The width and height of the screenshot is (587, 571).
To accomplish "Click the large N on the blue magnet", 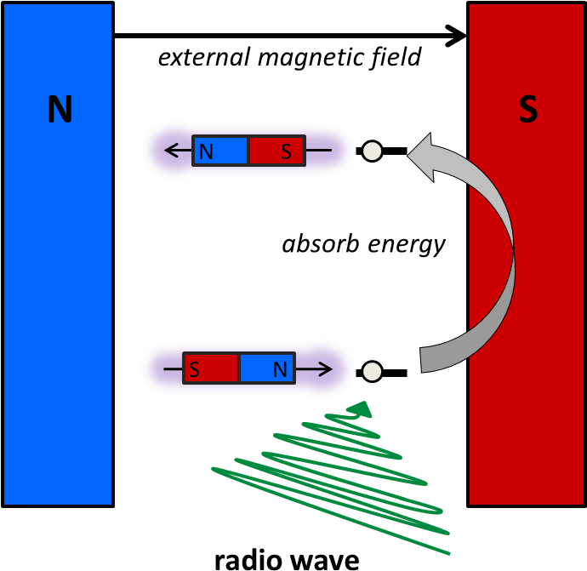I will coord(60,110).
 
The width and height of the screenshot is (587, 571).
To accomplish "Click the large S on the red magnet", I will coord(528,110).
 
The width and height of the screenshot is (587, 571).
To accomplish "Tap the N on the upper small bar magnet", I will coord(205,152).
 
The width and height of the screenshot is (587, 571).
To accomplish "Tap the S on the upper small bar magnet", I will coord(286,152).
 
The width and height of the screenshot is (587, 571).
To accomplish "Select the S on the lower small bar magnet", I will coord(195,370).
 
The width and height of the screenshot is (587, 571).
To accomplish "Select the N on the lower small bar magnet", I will coord(280,370).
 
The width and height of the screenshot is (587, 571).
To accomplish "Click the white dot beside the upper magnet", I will coord(372,151).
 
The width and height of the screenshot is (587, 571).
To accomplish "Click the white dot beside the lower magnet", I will coord(372,371).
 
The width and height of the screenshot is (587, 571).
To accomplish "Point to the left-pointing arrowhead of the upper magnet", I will coord(170,151).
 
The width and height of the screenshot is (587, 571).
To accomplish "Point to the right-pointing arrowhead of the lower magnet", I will coord(325,369).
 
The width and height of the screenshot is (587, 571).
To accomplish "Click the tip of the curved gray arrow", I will coord(411,156).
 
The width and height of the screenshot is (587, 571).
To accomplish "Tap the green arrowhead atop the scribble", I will coord(362,409).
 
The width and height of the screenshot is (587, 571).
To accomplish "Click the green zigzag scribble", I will coord(340,477).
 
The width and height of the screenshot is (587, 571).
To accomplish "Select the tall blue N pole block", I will coord(58,298).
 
